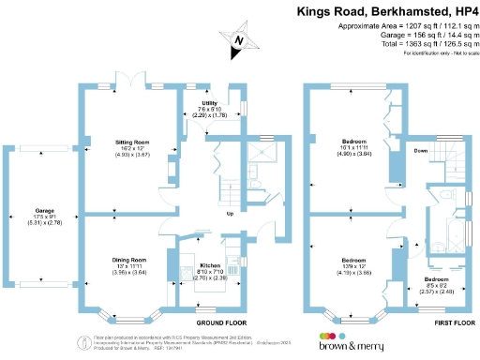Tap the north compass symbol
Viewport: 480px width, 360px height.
(238, 39)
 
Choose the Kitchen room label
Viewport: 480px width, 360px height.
(210, 265)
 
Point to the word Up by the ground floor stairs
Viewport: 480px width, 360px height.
(231, 212)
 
